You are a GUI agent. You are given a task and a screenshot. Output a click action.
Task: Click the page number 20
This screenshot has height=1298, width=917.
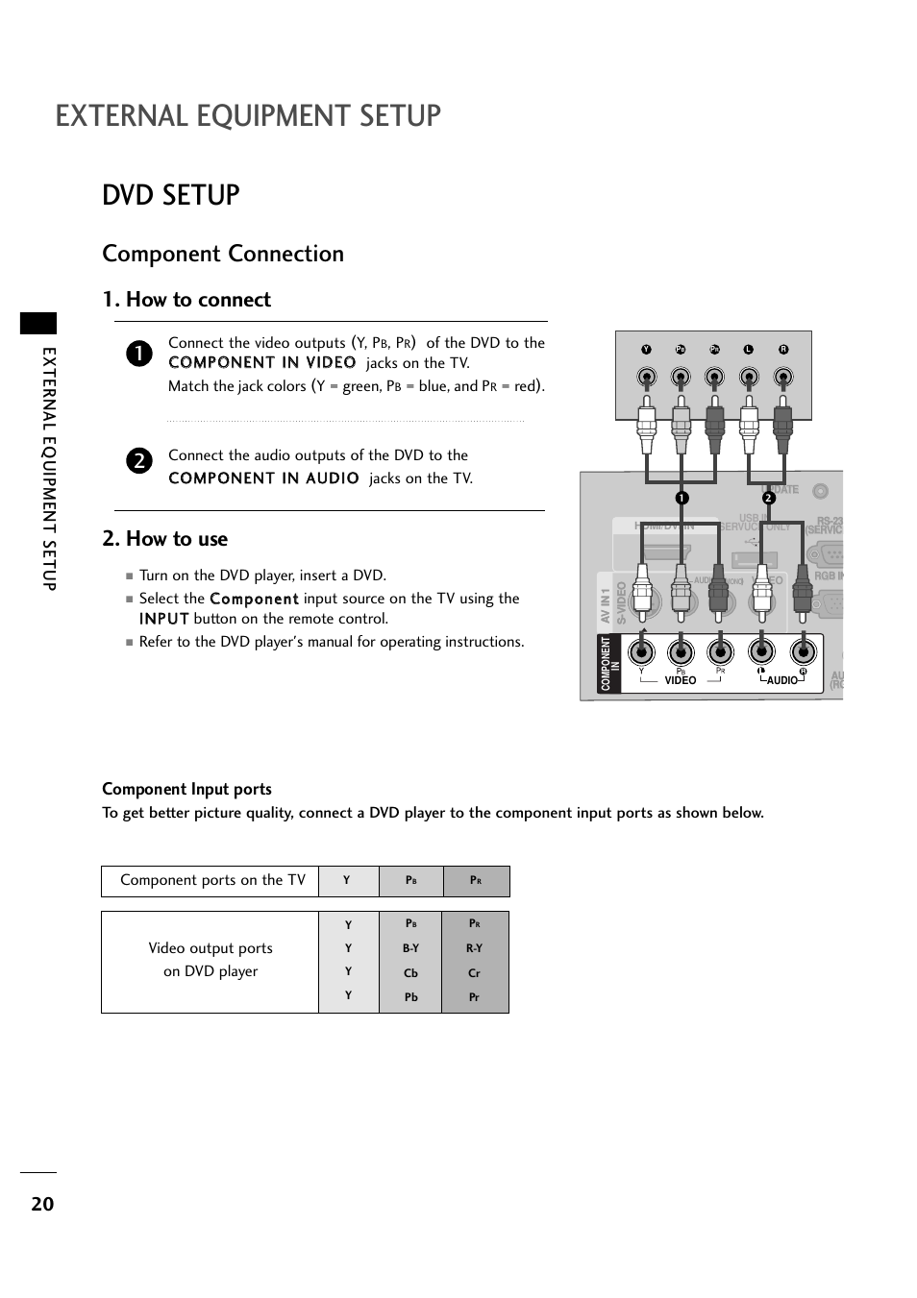42,1203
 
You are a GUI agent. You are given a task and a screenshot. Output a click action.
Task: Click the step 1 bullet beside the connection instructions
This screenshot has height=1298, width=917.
138,354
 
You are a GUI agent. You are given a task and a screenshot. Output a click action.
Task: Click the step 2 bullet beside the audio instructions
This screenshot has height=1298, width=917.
138,460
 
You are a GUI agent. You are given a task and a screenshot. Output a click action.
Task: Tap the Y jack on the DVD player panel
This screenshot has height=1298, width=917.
647,377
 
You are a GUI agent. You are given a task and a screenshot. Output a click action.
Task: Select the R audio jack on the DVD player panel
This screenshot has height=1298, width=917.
783,377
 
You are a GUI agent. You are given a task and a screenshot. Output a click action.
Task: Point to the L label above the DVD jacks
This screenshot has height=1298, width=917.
748,350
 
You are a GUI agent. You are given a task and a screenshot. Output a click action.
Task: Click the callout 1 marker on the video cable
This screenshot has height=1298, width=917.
681,498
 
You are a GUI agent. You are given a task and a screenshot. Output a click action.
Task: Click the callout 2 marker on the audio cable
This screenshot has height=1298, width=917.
769,498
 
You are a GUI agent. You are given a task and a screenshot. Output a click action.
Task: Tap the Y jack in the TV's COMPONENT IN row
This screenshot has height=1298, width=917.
641,652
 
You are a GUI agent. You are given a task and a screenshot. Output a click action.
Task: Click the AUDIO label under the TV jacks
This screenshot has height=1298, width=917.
782,680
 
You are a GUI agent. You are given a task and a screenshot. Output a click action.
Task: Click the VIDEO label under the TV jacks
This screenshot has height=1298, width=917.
681,680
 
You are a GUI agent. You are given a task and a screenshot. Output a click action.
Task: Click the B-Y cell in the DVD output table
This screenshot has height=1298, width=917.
410,948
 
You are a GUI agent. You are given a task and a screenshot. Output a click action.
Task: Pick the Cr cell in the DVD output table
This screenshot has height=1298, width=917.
474,973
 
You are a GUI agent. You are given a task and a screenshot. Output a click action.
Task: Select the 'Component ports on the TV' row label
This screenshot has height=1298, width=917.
212,880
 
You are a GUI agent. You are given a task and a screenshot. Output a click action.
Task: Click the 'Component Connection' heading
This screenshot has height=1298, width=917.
223,254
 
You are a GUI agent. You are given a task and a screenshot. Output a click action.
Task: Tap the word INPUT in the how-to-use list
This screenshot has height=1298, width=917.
163,620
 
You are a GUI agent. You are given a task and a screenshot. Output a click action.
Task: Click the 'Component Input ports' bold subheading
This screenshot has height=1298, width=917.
186,789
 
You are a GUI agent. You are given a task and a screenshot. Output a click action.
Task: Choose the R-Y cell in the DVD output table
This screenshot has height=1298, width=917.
474,948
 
